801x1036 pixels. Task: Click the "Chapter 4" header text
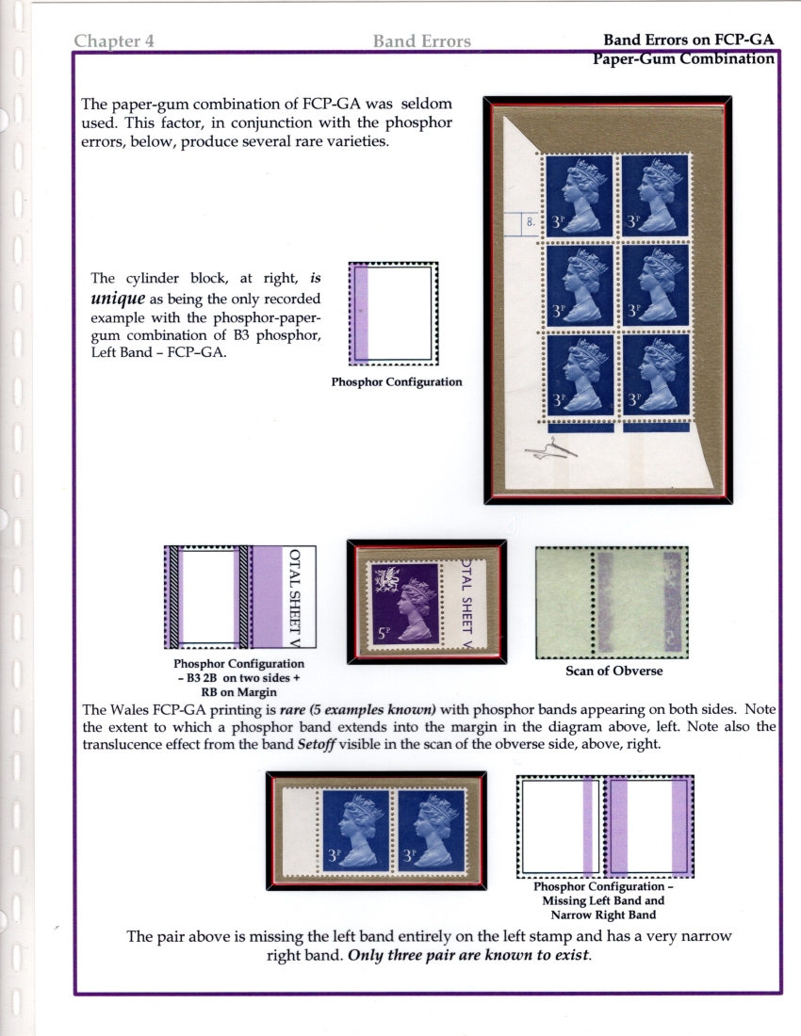coord(114,40)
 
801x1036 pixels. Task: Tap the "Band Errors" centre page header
coord(421,40)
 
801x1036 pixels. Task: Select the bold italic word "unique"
coord(118,299)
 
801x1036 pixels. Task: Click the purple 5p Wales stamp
coord(403,602)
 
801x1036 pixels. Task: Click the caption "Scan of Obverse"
coord(614,671)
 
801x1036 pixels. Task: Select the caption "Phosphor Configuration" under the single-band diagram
coord(397,381)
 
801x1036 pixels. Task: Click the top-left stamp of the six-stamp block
coord(580,195)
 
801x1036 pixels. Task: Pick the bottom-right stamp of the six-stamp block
coord(655,375)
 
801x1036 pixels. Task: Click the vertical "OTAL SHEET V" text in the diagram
coord(295,597)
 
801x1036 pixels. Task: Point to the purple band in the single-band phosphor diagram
coord(361,314)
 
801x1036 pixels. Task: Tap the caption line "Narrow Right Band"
coord(603,915)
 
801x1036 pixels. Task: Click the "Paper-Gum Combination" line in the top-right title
coord(683,58)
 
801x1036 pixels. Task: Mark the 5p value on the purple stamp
coord(384,633)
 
